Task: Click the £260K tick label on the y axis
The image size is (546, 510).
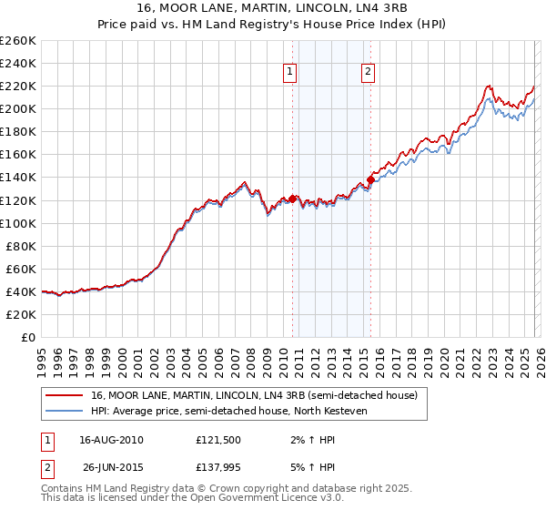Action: click(17, 41)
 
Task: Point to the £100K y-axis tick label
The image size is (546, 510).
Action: click(17, 223)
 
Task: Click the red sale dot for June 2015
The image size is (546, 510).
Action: click(370, 179)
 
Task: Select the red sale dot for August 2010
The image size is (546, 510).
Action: click(293, 199)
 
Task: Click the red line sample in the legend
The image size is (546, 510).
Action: click(65, 395)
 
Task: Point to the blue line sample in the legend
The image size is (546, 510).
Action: click(65, 411)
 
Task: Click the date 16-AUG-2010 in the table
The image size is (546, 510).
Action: click(112, 440)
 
